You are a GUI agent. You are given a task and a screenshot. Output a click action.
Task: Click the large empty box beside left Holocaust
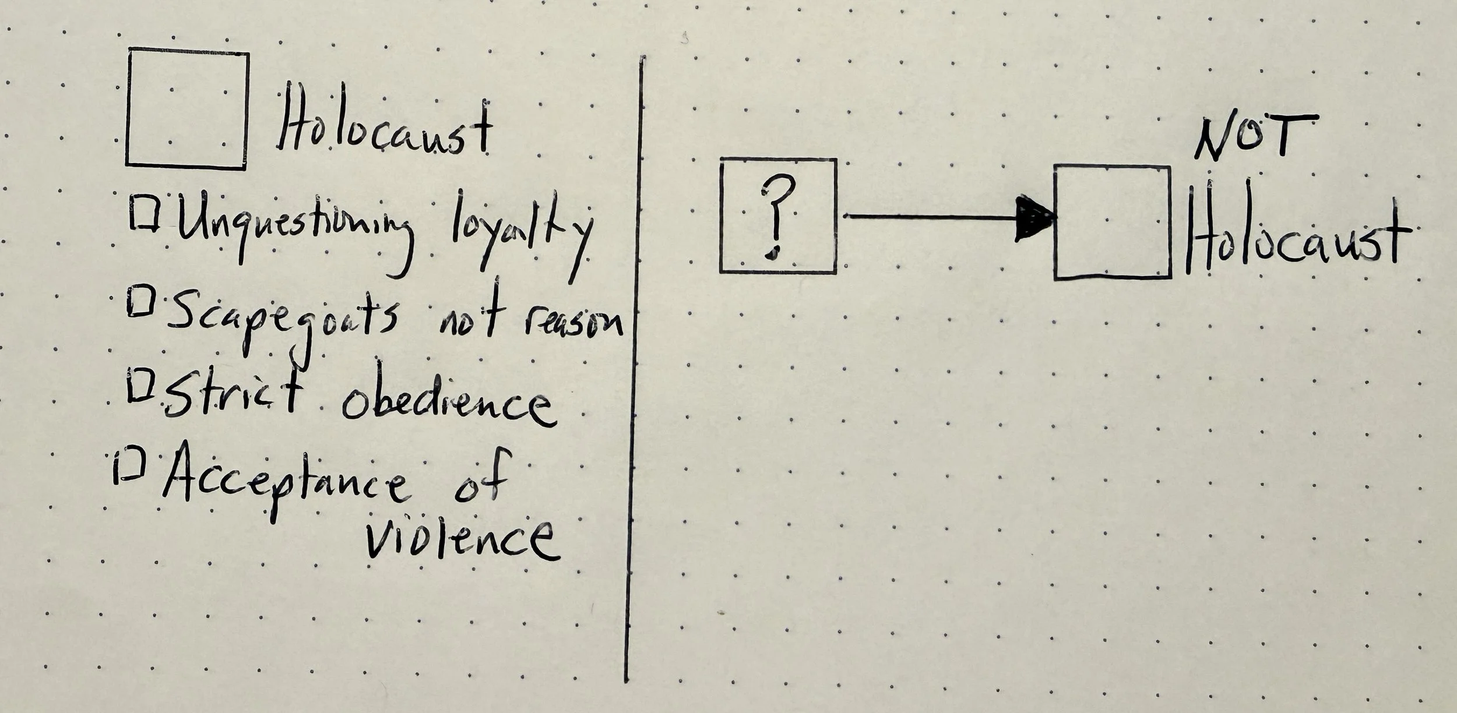187,110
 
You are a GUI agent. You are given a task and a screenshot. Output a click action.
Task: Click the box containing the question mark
779,216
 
